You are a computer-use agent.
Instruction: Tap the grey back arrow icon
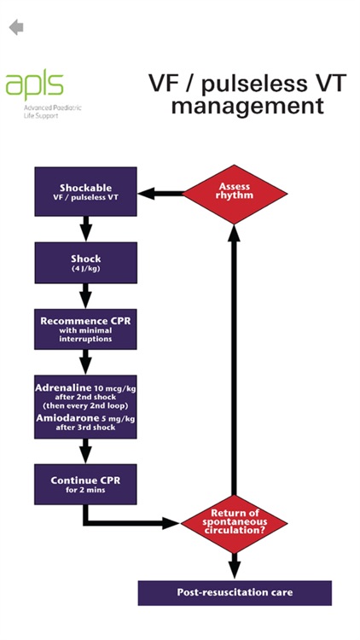[16, 27]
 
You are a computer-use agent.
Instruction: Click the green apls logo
[34, 85]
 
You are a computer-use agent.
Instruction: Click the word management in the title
[247, 107]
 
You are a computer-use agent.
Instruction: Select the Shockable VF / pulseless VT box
[85, 192]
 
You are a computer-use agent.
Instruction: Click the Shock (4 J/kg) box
[85, 263]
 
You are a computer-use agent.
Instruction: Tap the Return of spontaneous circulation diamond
[234, 520]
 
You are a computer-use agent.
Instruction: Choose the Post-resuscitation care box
[234, 591]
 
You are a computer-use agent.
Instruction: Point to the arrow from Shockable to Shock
[85, 228]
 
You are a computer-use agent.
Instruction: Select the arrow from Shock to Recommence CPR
[85, 296]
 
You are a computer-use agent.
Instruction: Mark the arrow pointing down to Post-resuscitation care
[234, 566]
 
